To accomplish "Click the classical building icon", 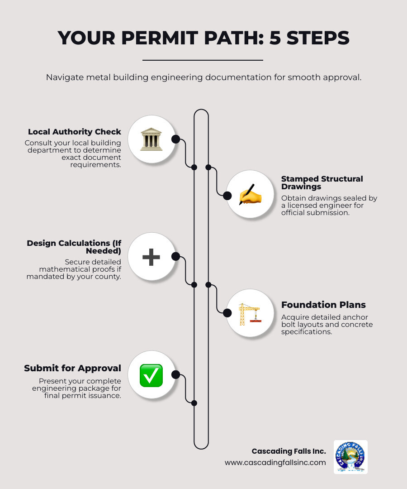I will tap(151, 139).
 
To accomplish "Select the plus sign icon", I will tap(151, 257).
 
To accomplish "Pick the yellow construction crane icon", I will tap(249, 314).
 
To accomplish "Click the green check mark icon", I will tap(151, 375).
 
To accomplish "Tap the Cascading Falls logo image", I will tap(350, 457).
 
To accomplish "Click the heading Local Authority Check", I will tap(75, 132).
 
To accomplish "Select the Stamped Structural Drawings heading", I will tap(322, 182).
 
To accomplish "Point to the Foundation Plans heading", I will tap(323, 305).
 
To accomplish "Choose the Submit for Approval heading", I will tap(72, 368).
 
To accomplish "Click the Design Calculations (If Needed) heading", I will tap(74, 247).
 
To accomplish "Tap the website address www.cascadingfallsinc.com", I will tap(275, 462).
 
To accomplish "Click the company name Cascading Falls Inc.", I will tap(289, 451).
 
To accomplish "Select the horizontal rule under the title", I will tap(203, 60).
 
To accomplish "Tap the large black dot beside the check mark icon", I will tap(176, 375).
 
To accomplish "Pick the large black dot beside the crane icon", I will tap(227, 312).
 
